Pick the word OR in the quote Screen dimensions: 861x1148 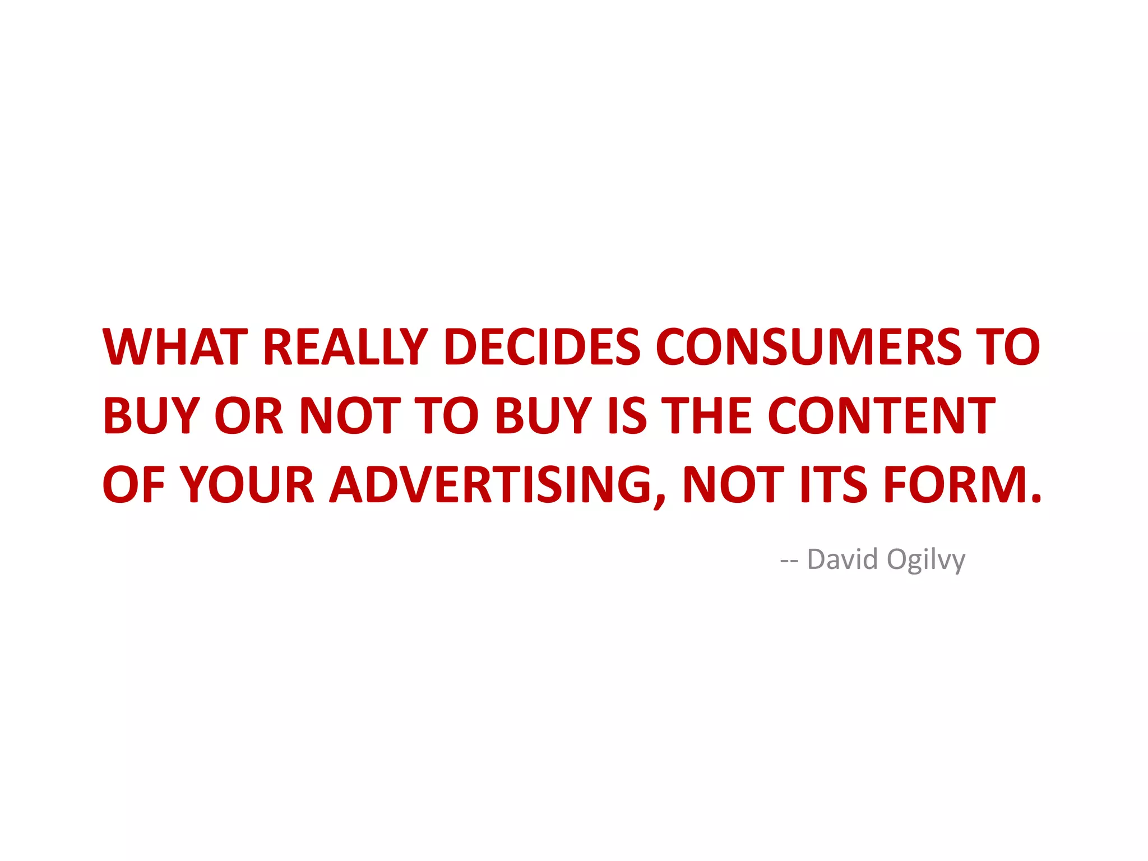pyautogui.click(x=248, y=415)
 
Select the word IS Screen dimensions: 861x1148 pyautogui.click(x=627, y=415)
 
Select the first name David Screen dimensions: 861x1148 pyautogui.click(x=842, y=559)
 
